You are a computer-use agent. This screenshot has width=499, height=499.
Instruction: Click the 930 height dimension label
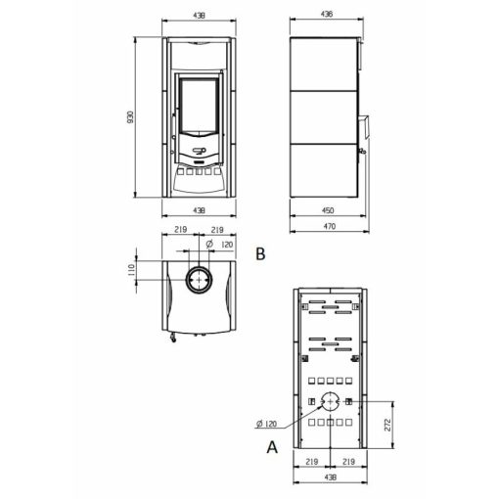click(130, 117)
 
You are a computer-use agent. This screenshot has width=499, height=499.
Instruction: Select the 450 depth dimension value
click(328, 210)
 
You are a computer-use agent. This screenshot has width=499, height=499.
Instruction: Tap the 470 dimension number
click(330, 226)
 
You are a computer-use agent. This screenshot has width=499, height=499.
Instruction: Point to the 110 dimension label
click(131, 270)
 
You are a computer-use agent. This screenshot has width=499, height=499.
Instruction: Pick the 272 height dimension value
click(387, 425)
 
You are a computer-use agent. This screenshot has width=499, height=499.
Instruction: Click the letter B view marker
click(260, 253)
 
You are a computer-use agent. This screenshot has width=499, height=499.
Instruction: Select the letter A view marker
click(272, 447)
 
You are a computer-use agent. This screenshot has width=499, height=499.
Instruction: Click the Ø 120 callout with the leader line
click(266, 424)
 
